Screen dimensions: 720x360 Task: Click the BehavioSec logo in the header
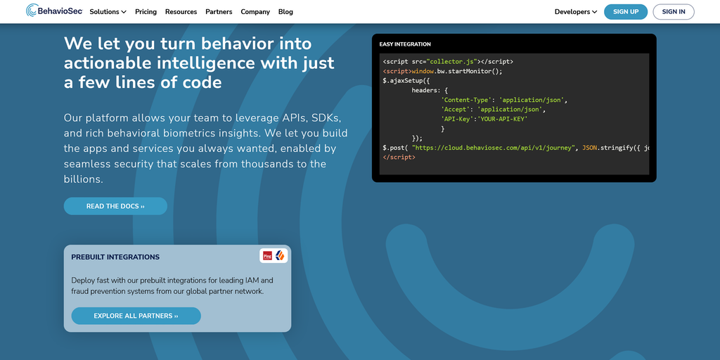pos(54,11)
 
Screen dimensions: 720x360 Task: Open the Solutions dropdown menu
pos(108,12)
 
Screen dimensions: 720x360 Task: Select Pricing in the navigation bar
pos(146,12)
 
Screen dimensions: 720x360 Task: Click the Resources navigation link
pos(181,12)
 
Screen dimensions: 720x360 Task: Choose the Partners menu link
pos(219,12)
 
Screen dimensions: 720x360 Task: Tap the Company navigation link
pos(255,12)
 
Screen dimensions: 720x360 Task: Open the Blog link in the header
pos(285,12)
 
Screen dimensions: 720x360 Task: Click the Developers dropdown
pos(576,12)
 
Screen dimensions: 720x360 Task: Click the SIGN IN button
pos(674,12)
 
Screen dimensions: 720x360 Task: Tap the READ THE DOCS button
pos(115,206)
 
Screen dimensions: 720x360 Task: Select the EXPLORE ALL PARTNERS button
pos(136,316)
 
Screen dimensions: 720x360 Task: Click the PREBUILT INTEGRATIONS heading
pos(115,257)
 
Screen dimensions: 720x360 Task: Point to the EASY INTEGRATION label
pos(405,44)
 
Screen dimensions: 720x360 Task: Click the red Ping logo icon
pos(267,256)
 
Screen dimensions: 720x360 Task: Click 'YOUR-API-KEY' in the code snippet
pos(503,119)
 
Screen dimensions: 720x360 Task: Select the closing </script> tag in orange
pos(399,157)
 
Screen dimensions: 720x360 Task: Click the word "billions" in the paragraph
pos(84,179)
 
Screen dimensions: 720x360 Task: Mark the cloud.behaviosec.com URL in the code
pos(494,148)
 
